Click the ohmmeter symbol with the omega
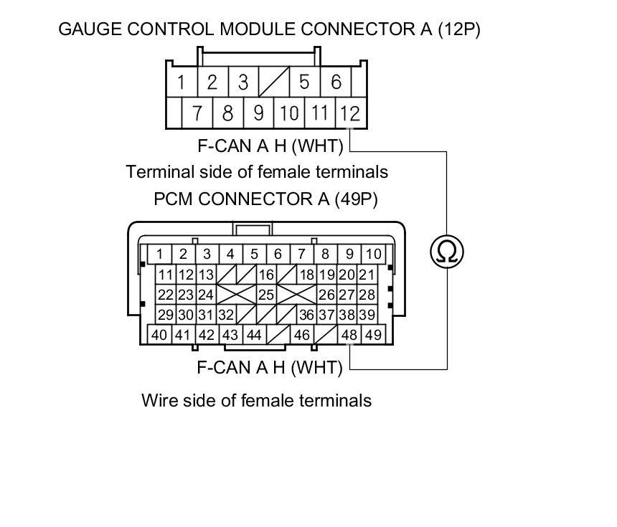tap(447, 252)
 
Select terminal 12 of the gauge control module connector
tap(349, 113)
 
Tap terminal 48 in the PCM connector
tap(349, 334)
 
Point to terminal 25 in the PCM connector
tap(266, 295)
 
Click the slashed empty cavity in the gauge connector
tap(273, 82)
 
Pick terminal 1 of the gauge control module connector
tap(182, 82)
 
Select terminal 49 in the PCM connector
tap(373, 334)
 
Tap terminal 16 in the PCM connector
tap(266, 275)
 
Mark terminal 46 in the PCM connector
tap(301, 334)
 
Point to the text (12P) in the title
tap(459, 29)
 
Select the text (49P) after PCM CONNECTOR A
tap(356, 199)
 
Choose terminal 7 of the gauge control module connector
tap(197, 113)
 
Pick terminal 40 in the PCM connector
tap(159, 334)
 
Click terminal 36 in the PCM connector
tap(306, 315)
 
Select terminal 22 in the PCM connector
tap(166, 295)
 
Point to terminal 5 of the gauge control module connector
tap(304, 82)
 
